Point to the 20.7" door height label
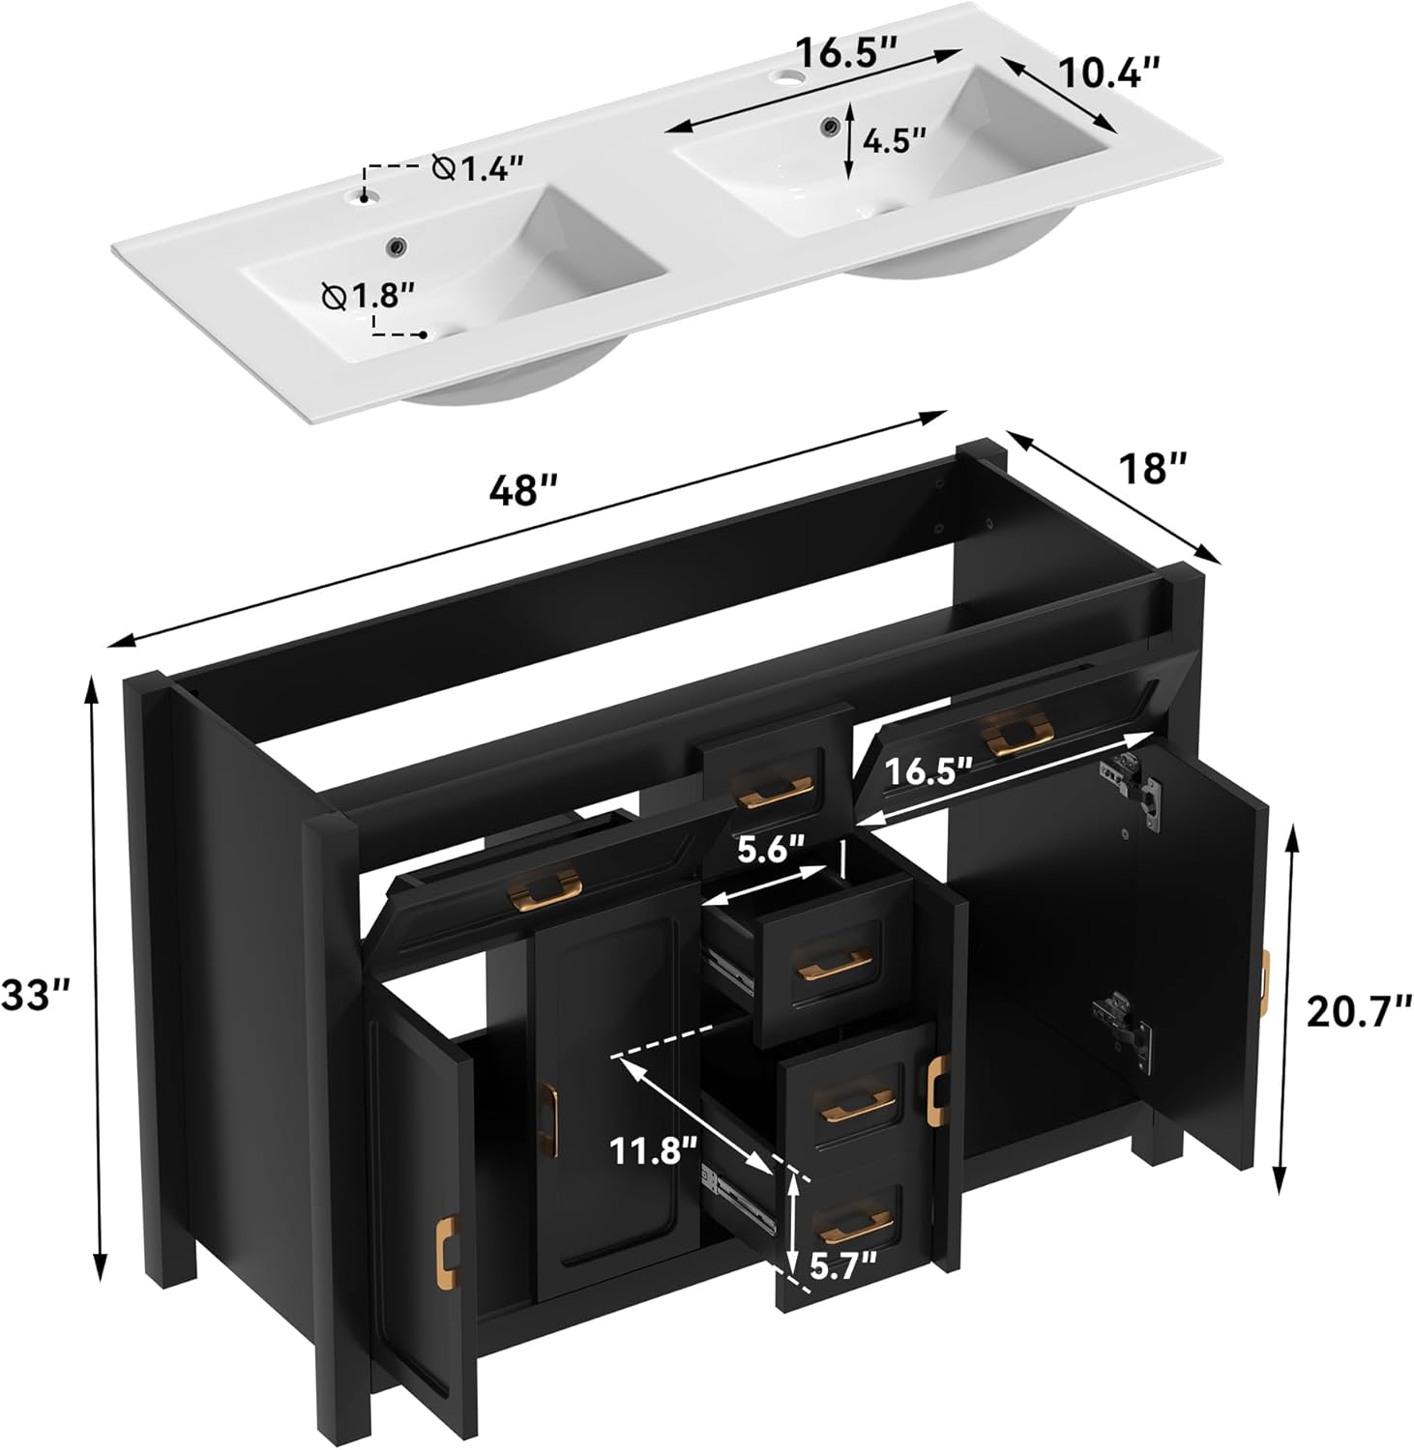[x=1358, y=1011]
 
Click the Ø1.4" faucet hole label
[x=478, y=168]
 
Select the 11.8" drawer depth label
[x=653, y=1151]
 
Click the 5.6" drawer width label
[x=771, y=851]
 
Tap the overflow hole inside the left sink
[x=397, y=247]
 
